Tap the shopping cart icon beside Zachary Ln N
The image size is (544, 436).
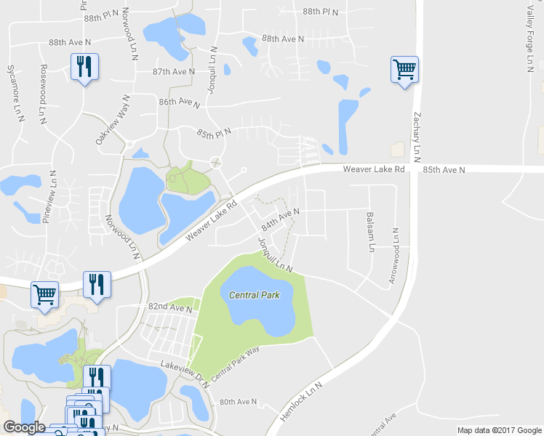coord(404,70)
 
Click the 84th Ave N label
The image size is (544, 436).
coord(281,219)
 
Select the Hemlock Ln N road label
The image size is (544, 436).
coord(300,400)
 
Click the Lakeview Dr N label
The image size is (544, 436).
coord(185,373)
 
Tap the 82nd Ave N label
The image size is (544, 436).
coord(169,308)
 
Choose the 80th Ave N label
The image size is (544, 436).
coord(239,402)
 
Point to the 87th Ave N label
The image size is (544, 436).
coord(174,71)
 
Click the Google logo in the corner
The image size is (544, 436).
coord(24,427)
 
